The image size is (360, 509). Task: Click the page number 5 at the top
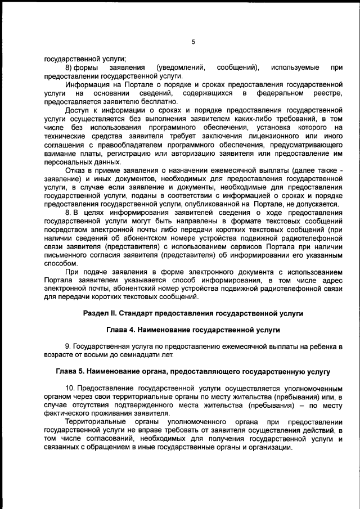click(x=193, y=42)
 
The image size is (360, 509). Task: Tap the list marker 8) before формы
click(x=70, y=67)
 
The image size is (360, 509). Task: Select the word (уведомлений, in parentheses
click(x=180, y=67)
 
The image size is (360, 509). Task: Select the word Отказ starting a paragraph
click(x=76, y=169)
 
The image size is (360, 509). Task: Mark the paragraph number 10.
click(x=70, y=390)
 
